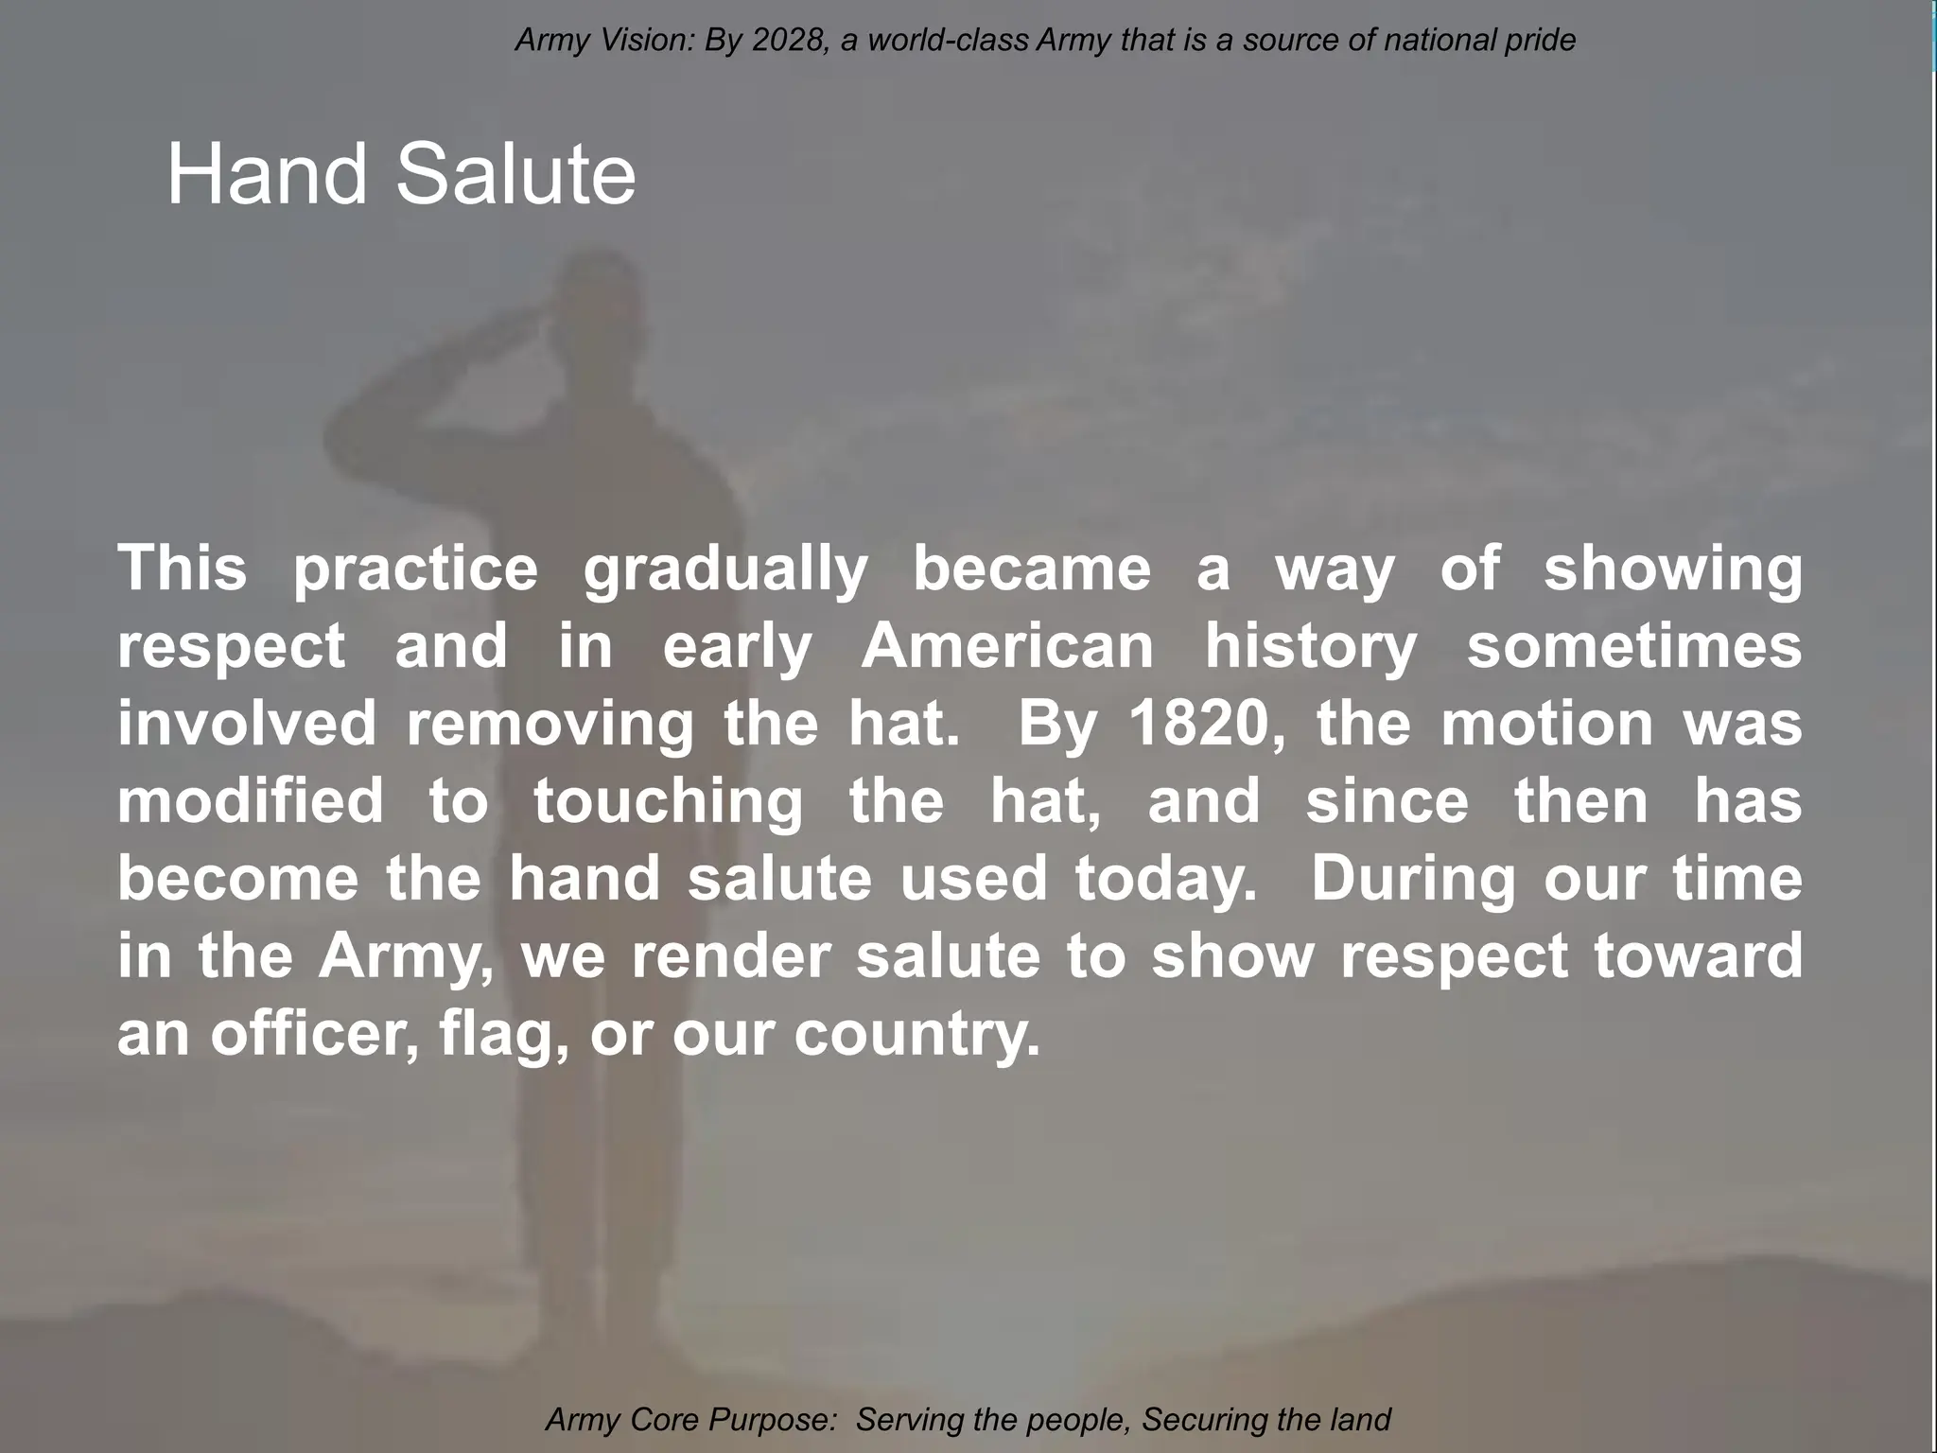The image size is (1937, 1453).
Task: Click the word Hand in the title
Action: (x=266, y=174)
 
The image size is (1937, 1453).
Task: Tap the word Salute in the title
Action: (x=515, y=174)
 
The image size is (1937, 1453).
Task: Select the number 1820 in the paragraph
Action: (x=1207, y=724)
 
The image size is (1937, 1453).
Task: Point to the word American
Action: (x=1007, y=646)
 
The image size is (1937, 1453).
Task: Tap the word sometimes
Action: (x=1633, y=646)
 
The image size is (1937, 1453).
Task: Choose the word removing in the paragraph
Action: (x=550, y=724)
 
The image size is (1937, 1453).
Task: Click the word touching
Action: (x=669, y=801)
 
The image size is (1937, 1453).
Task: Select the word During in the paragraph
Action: (x=1411, y=879)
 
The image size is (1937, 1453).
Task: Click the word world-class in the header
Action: (x=948, y=41)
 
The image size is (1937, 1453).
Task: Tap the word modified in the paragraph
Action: (x=250, y=801)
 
